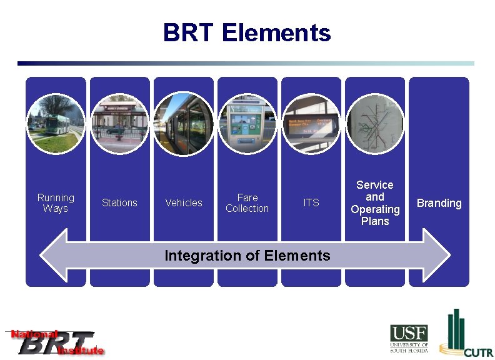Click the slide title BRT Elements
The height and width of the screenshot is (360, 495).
pyautogui.click(x=247, y=32)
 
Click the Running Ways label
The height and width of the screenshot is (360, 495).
pyautogui.click(x=56, y=203)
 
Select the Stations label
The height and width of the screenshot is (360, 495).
pyautogui.click(x=119, y=203)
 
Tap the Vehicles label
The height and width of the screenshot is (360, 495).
pyautogui.click(x=184, y=203)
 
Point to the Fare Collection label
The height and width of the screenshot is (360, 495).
pyautogui.click(x=247, y=203)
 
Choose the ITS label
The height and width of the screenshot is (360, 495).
pyautogui.click(x=311, y=203)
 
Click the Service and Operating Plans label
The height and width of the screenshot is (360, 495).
pyautogui.click(x=375, y=203)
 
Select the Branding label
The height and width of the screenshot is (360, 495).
pyautogui.click(x=439, y=203)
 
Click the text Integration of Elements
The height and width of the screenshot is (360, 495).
pyautogui.click(x=247, y=256)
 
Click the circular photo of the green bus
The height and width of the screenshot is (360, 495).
pyautogui.click(x=56, y=124)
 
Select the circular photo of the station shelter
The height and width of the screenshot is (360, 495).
pyautogui.click(x=119, y=124)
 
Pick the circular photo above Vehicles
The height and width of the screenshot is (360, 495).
pyautogui.click(x=184, y=124)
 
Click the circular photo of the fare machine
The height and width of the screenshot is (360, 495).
pyautogui.click(x=247, y=124)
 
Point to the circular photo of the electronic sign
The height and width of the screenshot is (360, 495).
pyautogui.click(x=311, y=124)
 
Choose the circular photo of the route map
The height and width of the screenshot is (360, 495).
pyautogui.click(x=375, y=124)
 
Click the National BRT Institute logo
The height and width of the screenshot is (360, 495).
pyautogui.click(x=55, y=342)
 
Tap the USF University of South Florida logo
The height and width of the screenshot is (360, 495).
pyautogui.click(x=409, y=338)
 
